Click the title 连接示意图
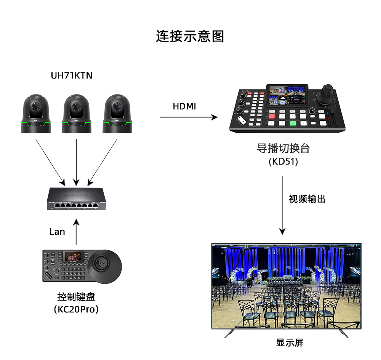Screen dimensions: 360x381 (190, 37)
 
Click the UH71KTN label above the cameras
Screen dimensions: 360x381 (72, 75)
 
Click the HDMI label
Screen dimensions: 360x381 (184, 107)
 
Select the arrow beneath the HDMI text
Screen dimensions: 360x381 (188, 117)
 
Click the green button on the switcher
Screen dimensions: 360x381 (292, 123)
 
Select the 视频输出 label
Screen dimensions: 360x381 (307, 199)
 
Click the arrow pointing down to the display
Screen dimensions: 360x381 (282, 206)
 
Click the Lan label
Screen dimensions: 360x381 (57, 232)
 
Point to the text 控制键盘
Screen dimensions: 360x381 (76, 296)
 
